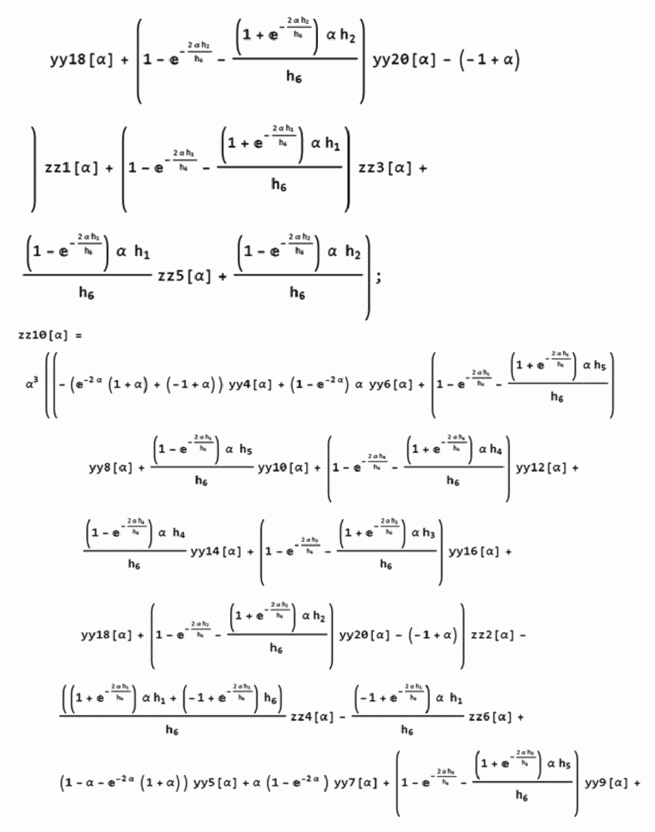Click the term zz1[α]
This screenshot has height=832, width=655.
(71, 168)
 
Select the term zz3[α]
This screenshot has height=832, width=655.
(384, 168)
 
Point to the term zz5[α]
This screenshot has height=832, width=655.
(184, 276)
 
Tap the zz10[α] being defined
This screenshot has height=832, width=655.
(42, 335)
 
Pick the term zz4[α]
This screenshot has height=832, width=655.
(312, 717)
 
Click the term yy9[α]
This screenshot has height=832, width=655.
(606, 783)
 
